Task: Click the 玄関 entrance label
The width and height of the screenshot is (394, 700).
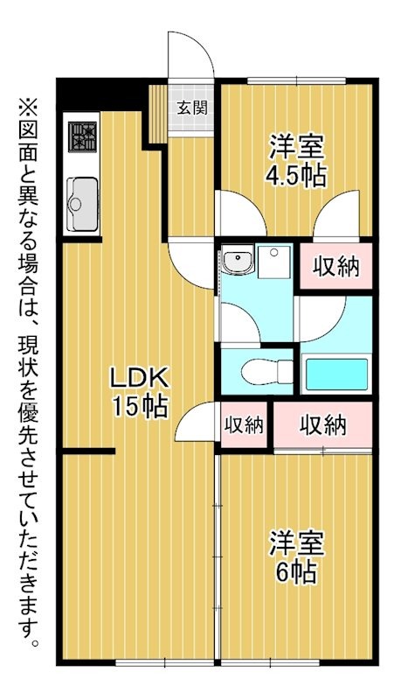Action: pyautogui.click(x=191, y=108)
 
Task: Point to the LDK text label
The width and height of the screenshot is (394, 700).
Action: pyautogui.click(x=138, y=379)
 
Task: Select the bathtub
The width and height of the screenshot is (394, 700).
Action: pyautogui.click(x=336, y=374)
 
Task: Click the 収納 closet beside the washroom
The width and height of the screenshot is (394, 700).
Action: pyautogui.click(x=336, y=267)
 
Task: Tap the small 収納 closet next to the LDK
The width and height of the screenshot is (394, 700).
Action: pyautogui.click(x=245, y=425)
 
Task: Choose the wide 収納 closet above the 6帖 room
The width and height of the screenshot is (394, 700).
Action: pyautogui.click(x=323, y=425)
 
